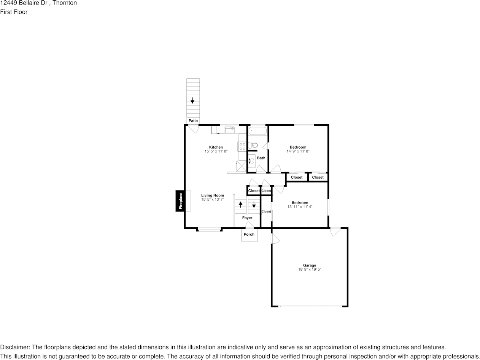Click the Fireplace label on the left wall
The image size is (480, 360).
181,201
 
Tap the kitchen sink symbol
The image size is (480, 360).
230,130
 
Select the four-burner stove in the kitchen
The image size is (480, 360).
242,146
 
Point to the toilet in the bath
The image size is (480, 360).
253,145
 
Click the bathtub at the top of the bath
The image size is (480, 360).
258,131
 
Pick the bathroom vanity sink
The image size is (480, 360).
251,161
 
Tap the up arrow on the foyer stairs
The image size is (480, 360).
240,204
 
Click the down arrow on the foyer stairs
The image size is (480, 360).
254,204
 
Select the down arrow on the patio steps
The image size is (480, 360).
192,101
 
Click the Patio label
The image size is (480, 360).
193,121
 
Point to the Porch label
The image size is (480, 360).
249,234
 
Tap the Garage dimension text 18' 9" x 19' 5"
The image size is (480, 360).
310,270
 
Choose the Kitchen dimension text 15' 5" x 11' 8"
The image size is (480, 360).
216,151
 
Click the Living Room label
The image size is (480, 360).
213,195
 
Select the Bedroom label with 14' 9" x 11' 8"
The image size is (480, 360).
298,147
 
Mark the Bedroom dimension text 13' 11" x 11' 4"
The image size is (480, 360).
300,207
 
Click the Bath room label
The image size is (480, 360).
261,158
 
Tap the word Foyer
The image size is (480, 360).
247,218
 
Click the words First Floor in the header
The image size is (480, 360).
14,12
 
